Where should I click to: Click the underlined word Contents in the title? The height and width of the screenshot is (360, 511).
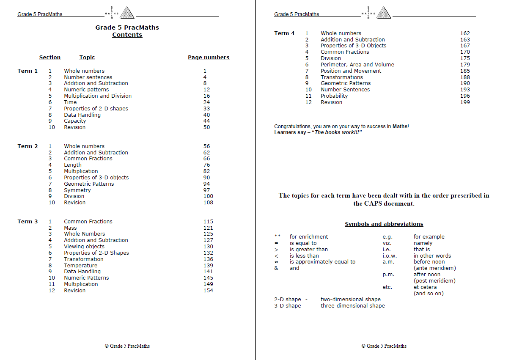point(127,35)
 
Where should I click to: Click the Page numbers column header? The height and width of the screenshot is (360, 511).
point(209,58)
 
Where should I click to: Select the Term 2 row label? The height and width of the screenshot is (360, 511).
point(27,146)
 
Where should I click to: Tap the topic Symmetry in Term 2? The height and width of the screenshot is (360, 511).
point(77,190)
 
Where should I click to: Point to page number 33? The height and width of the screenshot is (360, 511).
point(206,109)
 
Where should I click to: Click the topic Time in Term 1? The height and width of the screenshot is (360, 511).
point(70,102)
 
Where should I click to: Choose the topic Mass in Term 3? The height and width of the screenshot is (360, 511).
point(70,228)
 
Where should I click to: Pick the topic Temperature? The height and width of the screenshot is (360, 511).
point(80,266)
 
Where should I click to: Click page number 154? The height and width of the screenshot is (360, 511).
point(208,291)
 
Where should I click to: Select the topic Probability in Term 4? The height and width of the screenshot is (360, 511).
point(334,96)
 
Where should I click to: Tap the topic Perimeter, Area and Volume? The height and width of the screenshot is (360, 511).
point(357,65)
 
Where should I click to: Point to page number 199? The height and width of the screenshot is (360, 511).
point(465,102)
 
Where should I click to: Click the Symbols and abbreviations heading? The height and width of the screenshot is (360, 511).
point(384,224)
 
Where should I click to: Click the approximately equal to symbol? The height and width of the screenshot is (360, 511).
point(276,262)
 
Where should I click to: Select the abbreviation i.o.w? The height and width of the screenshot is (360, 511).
point(390,256)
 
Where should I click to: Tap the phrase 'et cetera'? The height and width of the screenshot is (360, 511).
point(425,287)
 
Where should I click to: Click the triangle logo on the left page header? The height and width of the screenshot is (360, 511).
point(127,13)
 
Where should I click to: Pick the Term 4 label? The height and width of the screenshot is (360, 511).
point(284,33)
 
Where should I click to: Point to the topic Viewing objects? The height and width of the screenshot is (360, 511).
point(84,247)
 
